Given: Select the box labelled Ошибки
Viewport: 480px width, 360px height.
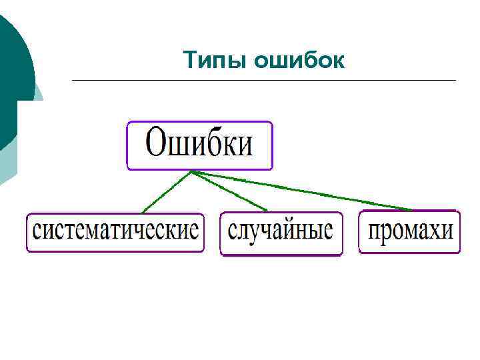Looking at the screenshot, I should coord(199,145).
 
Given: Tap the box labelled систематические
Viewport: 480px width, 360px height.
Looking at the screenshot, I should coord(115,232).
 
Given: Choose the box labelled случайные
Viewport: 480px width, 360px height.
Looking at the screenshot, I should coord(281,233).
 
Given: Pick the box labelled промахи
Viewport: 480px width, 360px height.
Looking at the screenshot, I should coord(409,232).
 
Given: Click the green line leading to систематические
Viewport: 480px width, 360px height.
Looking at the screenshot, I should coord(167,192).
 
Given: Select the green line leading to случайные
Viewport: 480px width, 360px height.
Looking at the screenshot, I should coord(230,191).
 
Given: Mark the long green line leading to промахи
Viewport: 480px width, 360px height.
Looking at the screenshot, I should coord(300,191).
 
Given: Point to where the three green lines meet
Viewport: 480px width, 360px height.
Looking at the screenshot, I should coord(192,171).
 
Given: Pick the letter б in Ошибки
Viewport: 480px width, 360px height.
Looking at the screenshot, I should coord(211,143).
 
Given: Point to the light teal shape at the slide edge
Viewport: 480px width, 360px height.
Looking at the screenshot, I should coord(8,167).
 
